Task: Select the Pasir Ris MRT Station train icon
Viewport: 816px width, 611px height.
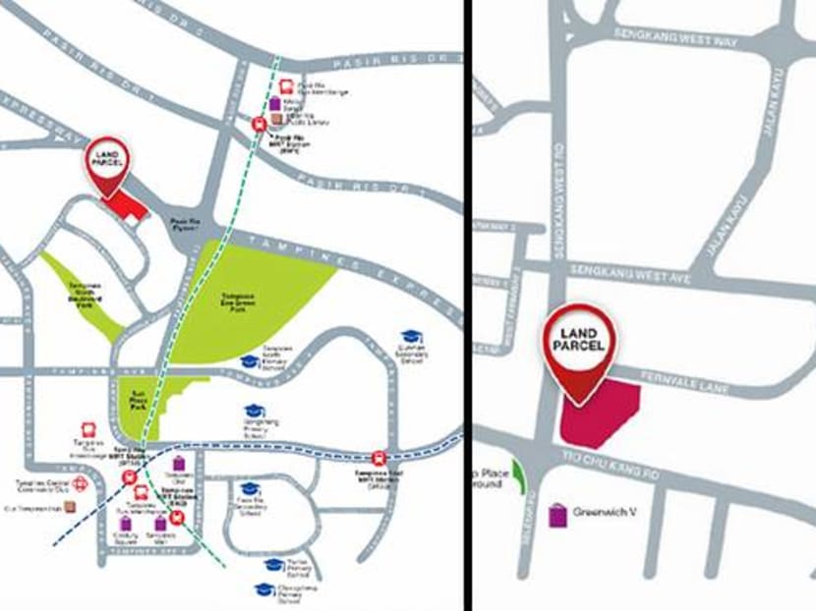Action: tap(260, 125)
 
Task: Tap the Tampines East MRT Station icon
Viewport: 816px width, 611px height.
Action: tap(378, 458)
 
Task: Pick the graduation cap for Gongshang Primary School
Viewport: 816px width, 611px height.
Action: tap(255, 412)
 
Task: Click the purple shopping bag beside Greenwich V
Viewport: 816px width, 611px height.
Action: tap(557, 513)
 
